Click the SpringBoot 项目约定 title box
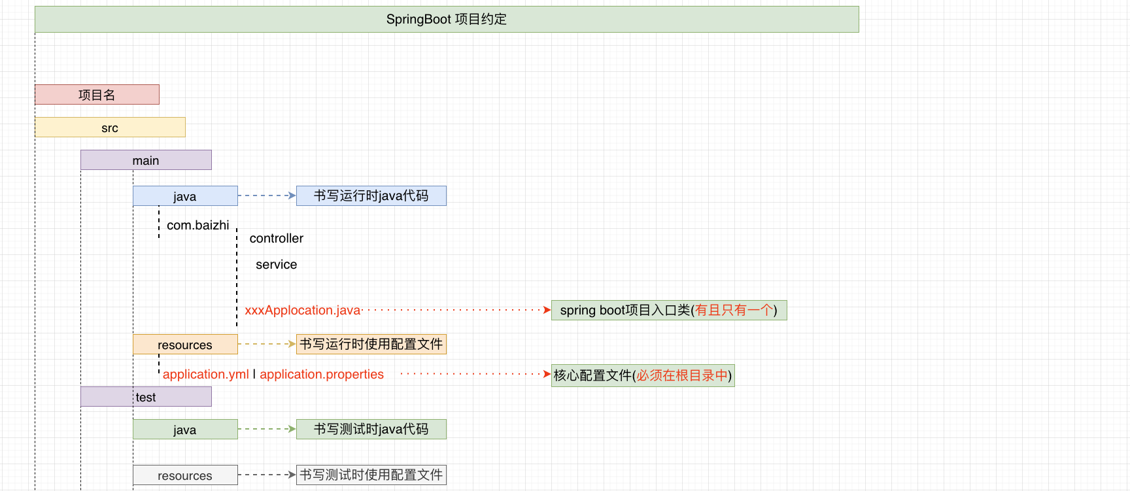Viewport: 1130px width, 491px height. coord(447,20)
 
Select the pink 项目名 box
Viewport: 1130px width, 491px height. coord(97,95)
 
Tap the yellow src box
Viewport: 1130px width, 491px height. coord(110,127)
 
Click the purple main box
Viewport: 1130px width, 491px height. coord(146,160)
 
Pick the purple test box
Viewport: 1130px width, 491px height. coord(146,397)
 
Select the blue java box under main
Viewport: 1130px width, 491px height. coord(185,196)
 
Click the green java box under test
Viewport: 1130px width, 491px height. coord(185,430)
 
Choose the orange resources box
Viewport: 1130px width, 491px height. coord(185,345)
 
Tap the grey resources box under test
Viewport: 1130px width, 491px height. coord(185,475)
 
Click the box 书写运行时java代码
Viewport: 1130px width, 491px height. coord(371,195)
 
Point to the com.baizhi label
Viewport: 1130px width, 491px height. coord(197,225)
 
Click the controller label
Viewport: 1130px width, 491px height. coord(276,239)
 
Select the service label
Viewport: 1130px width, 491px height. coord(276,265)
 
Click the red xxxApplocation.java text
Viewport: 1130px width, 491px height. coord(303,311)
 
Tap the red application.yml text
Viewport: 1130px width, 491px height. coord(205,375)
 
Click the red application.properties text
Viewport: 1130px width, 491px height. coord(322,375)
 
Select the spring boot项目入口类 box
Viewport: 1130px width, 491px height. coord(669,311)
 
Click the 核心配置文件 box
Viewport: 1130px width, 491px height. coord(643,375)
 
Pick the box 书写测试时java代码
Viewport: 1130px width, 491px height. coord(371,429)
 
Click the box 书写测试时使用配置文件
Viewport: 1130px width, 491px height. coord(371,475)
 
